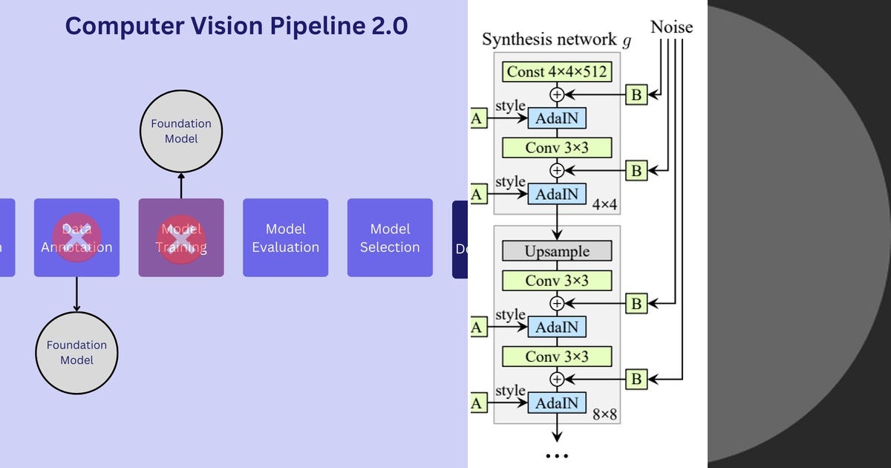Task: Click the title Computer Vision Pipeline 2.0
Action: pyautogui.click(x=236, y=26)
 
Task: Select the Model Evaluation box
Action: pyautogui.click(x=285, y=238)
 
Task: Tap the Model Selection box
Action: pyautogui.click(x=390, y=238)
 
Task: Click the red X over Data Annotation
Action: pyautogui.click(x=76, y=239)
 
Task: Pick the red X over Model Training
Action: pyautogui.click(x=180, y=239)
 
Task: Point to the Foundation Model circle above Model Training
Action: pyautogui.click(x=181, y=131)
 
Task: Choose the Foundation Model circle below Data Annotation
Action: pyautogui.click(x=76, y=352)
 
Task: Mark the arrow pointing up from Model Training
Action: pyautogui.click(x=181, y=186)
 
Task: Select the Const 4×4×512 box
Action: pyautogui.click(x=557, y=72)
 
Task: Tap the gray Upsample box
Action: pyautogui.click(x=557, y=251)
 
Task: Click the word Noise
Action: pyautogui.click(x=671, y=27)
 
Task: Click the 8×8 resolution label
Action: pyautogui.click(x=604, y=415)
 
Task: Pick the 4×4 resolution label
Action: pyautogui.click(x=604, y=202)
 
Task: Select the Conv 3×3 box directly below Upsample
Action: pyautogui.click(x=557, y=281)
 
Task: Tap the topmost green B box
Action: pyautogui.click(x=636, y=94)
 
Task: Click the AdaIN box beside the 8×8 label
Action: pyautogui.click(x=557, y=403)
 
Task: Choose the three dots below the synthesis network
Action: pyautogui.click(x=557, y=456)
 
